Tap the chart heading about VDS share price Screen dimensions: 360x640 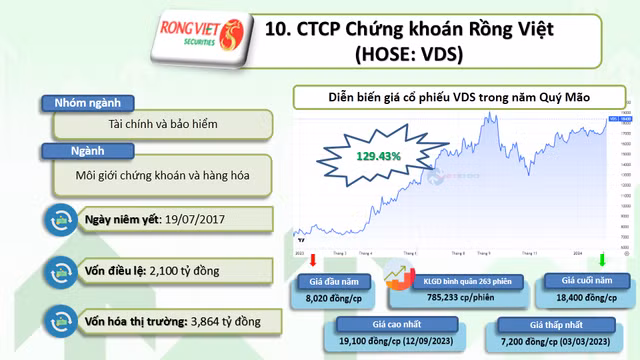(x=459, y=98)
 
